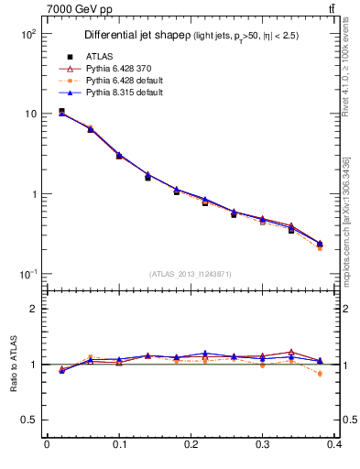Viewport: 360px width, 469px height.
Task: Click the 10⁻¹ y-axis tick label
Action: [27, 275]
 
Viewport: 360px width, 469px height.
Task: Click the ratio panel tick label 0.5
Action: [28, 420]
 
